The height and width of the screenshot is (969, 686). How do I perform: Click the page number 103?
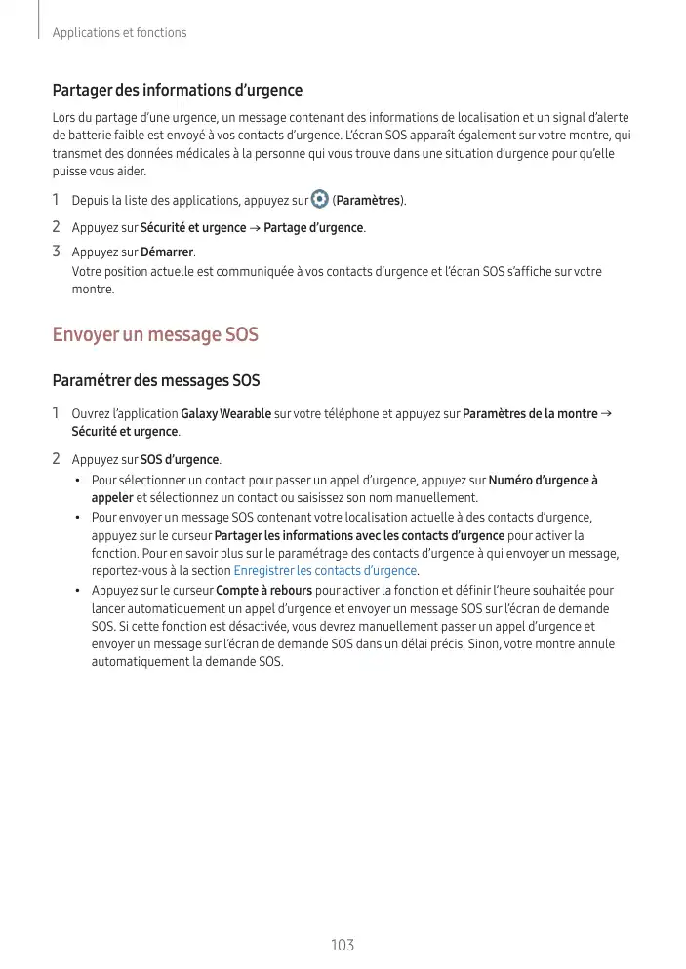[x=343, y=945]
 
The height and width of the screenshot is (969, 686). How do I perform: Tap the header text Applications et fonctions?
[x=119, y=33]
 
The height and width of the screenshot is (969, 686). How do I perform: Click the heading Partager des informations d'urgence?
[x=177, y=91]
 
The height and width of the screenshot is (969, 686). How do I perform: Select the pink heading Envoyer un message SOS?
[x=155, y=335]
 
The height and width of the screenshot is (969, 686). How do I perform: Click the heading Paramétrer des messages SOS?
[x=156, y=380]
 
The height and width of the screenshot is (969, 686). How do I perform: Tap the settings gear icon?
[x=320, y=200]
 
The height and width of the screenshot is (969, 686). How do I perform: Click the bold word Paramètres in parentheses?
[x=370, y=201]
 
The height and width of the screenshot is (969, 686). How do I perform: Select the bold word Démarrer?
[x=167, y=253]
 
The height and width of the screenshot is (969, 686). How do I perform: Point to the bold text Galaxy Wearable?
[x=226, y=414]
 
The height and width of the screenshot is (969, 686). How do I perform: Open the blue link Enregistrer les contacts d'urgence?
[x=326, y=571]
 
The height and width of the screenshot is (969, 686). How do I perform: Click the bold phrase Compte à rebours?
[x=263, y=591]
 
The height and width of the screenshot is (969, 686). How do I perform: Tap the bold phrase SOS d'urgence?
[x=180, y=460]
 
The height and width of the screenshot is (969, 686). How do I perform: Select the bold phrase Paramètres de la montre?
[x=529, y=414]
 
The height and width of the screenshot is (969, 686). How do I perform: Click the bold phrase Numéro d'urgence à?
[x=543, y=480]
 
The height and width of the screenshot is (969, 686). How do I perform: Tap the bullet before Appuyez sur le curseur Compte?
[x=77, y=592]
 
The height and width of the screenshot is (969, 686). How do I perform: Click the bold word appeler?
[x=112, y=497]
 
